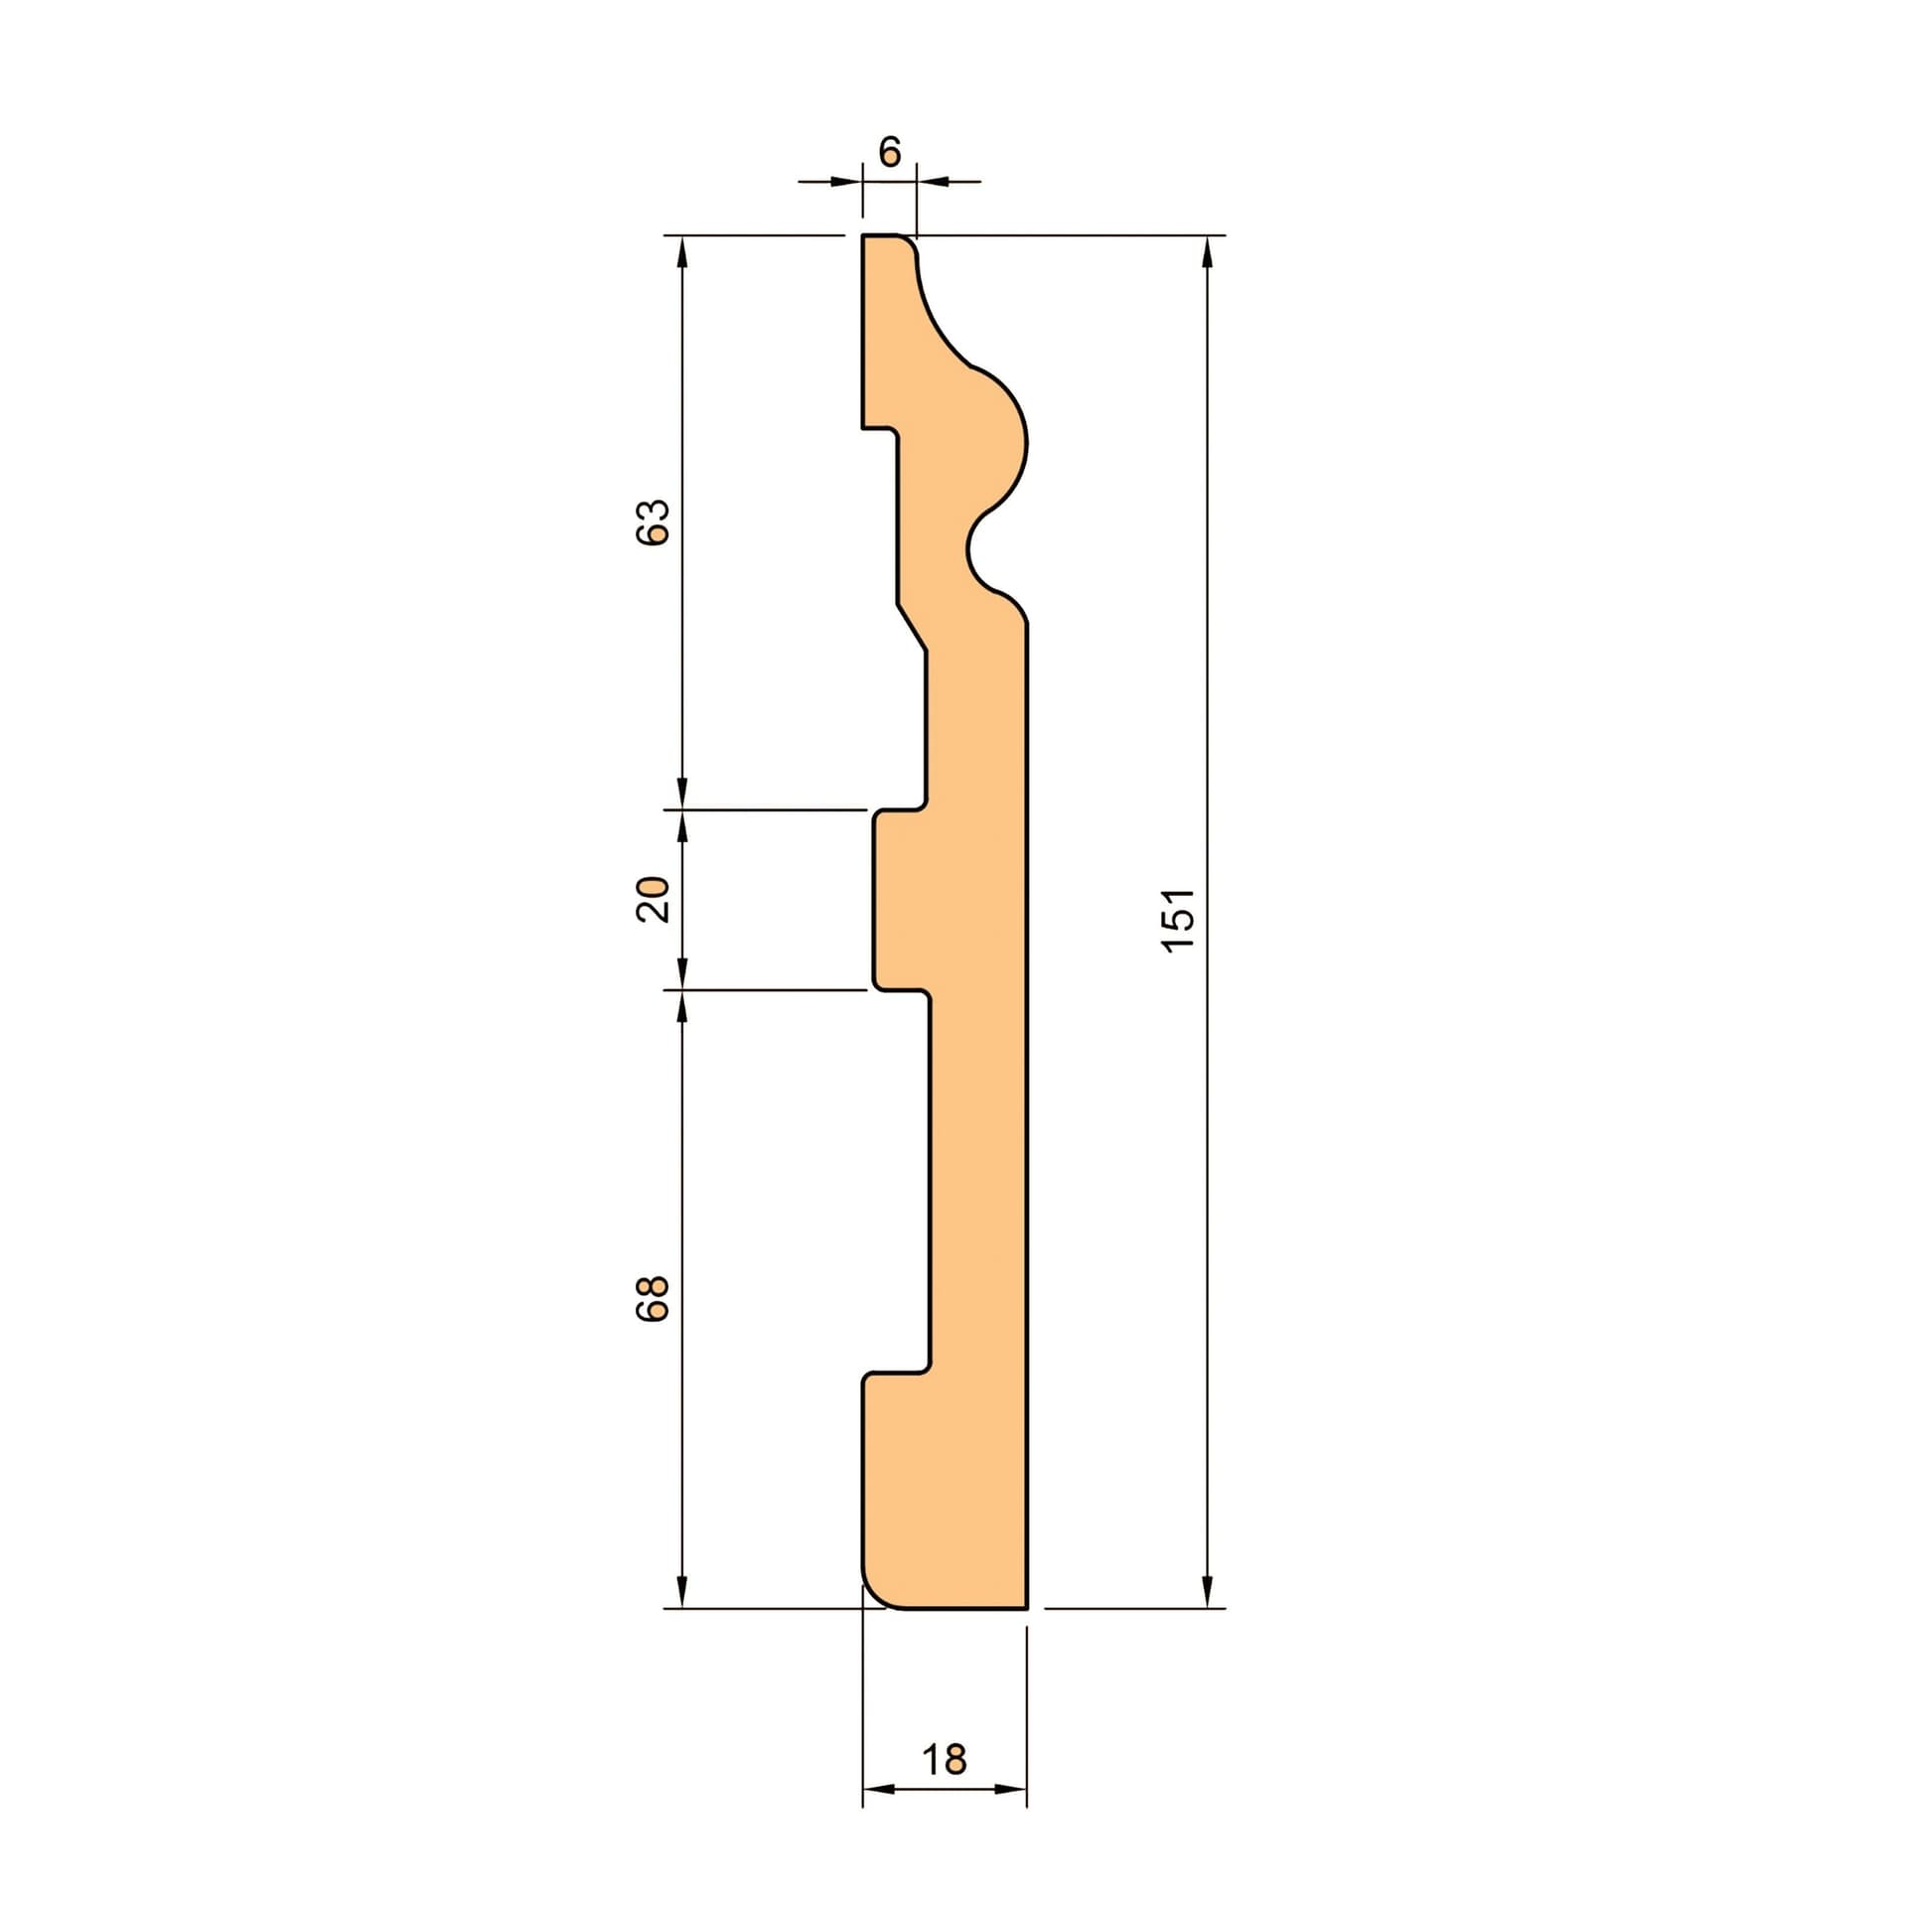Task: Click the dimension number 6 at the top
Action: (x=890, y=151)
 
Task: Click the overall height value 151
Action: (x=1178, y=919)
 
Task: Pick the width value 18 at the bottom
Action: (x=944, y=1759)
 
